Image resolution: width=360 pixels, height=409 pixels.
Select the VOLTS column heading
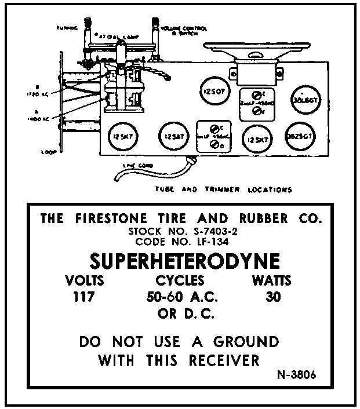point(85,282)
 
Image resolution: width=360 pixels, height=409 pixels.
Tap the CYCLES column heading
point(180,282)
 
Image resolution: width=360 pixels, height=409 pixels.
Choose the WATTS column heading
point(271,282)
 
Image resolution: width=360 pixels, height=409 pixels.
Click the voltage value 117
point(83,298)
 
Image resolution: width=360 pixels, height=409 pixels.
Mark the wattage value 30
point(272,298)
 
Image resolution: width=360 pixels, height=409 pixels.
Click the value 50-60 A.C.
point(180,298)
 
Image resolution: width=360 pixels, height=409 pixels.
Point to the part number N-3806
point(297,374)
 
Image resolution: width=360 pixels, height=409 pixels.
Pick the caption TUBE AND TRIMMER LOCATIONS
point(223,189)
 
